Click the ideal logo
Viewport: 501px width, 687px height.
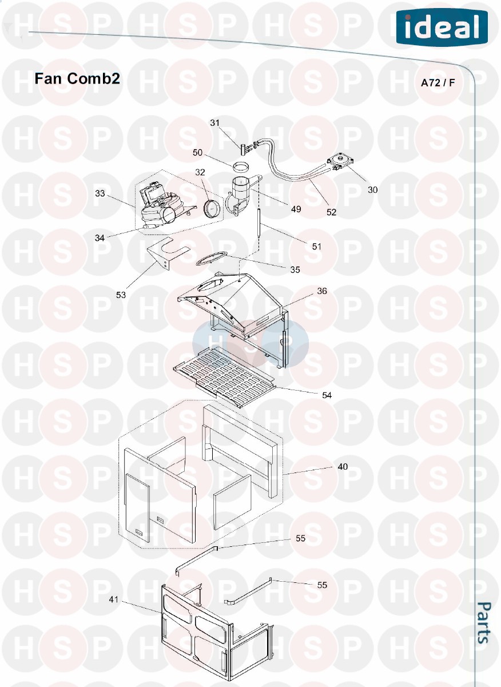click(x=442, y=27)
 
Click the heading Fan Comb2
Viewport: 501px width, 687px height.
click(x=77, y=78)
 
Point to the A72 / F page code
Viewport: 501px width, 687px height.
click(x=438, y=83)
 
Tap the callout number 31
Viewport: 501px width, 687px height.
click(x=214, y=122)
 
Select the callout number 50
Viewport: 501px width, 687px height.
click(x=197, y=152)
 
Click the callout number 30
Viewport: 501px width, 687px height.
click(x=372, y=190)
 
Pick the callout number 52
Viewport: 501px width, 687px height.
click(x=331, y=212)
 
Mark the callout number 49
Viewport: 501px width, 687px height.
click(x=296, y=209)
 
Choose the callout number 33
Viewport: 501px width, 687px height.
click(x=100, y=193)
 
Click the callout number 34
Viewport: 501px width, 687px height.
click(x=100, y=238)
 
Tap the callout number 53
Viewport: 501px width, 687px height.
click(x=121, y=295)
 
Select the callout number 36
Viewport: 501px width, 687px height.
click(x=322, y=291)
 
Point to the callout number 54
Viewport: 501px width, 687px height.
click(x=327, y=395)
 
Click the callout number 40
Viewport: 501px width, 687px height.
click(x=343, y=467)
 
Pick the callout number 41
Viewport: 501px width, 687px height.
click(x=114, y=599)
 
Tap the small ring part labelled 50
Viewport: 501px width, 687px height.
click(x=241, y=168)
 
